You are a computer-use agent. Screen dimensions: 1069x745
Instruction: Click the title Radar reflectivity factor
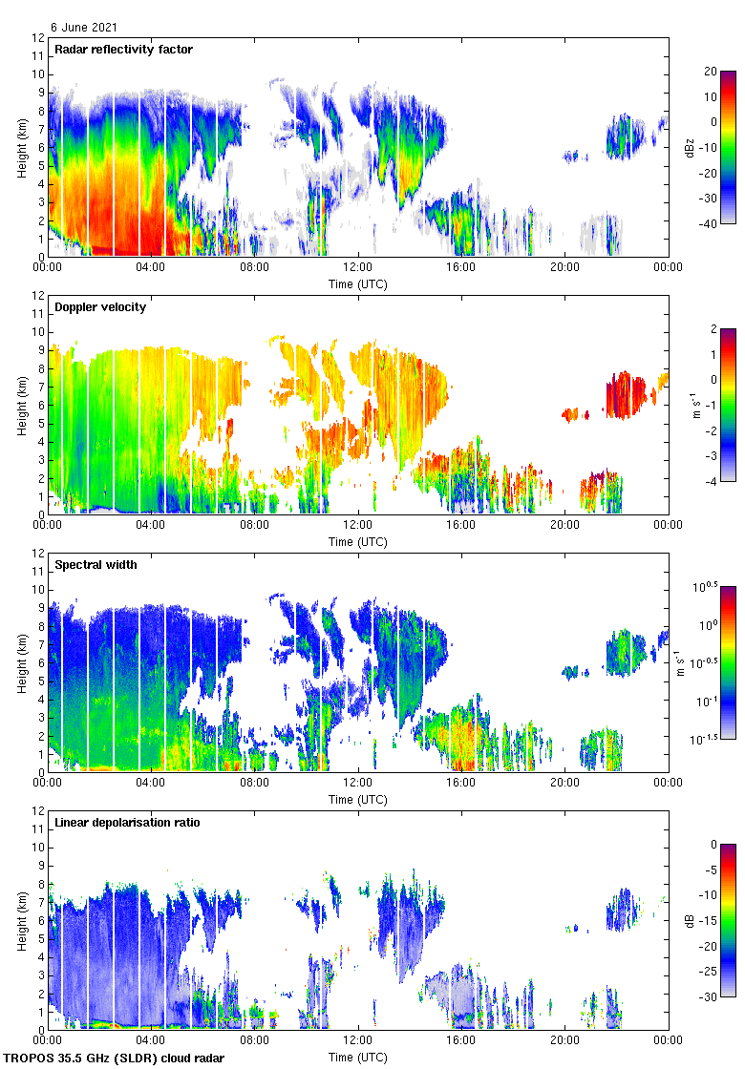pyautogui.click(x=124, y=50)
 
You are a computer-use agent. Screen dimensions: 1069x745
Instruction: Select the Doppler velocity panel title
pyautogui.click(x=100, y=307)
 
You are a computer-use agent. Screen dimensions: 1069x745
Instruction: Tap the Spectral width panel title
pyautogui.click(x=96, y=565)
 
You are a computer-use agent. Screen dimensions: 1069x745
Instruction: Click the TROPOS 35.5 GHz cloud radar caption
pyautogui.click(x=116, y=1059)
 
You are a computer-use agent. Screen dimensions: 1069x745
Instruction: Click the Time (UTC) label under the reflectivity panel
pyautogui.click(x=358, y=284)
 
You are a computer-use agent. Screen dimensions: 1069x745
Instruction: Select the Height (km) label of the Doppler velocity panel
pyautogui.click(x=22, y=405)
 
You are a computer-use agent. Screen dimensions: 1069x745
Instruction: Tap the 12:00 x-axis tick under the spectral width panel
pyautogui.click(x=358, y=782)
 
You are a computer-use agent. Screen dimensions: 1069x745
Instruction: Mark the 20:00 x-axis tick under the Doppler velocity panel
pyautogui.click(x=564, y=524)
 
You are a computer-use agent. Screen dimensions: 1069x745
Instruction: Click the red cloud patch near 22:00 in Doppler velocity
pyautogui.click(x=627, y=393)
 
